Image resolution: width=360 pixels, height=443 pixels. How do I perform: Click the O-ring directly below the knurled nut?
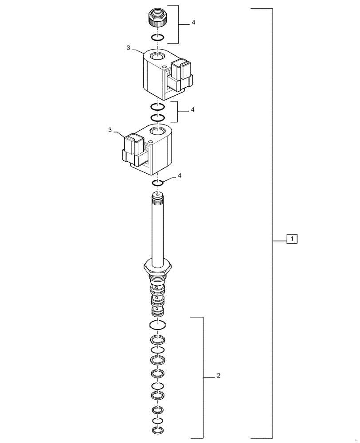tap(158, 37)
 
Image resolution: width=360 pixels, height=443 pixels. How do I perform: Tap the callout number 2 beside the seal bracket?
tap(219, 376)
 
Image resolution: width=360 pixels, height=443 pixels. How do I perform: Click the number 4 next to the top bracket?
tap(193, 22)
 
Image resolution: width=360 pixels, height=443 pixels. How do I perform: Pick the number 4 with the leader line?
tap(180, 176)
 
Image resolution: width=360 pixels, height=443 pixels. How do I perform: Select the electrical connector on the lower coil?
tap(133, 148)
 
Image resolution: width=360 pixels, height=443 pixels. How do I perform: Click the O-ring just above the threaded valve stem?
tap(159, 183)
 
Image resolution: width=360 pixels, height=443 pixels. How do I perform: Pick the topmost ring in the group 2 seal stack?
tap(158, 324)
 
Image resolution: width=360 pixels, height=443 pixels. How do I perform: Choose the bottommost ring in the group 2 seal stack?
tap(158, 431)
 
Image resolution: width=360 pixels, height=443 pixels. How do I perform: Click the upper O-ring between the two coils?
tap(158, 107)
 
